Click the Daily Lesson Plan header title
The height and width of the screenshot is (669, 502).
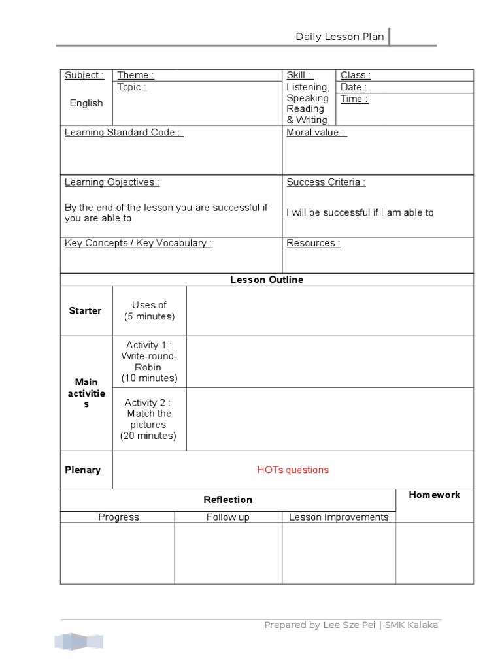[x=339, y=37]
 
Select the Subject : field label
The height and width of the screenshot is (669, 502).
[x=84, y=75]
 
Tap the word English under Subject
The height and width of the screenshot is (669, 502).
[x=86, y=103]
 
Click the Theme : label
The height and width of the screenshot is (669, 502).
[x=135, y=75]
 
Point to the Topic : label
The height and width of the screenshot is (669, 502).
[x=131, y=87]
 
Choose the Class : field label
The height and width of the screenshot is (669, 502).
[x=355, y=75]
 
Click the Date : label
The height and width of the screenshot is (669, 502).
[x=353, y=87]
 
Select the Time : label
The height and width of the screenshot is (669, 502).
[x=354, y=99]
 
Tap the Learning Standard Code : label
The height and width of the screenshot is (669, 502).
[x=124, y=132]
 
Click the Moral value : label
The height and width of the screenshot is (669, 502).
[x=316, y=132]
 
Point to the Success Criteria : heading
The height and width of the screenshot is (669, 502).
[x=326, y=182]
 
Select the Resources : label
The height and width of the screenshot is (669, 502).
[x=313, y=243]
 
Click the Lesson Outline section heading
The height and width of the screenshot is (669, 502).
[x=267, y=280]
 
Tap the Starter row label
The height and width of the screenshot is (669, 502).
[x=85, y=311]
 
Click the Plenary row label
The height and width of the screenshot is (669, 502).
[x=82, y=470]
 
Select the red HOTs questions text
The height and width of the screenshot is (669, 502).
[x=293, y=470]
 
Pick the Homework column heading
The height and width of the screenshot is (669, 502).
[x=434, y=495]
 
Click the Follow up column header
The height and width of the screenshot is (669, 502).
[x=227, y=517]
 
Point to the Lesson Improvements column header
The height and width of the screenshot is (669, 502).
[x=339, y=517]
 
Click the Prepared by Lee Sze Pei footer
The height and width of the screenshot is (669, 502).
[x=351, y=625]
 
